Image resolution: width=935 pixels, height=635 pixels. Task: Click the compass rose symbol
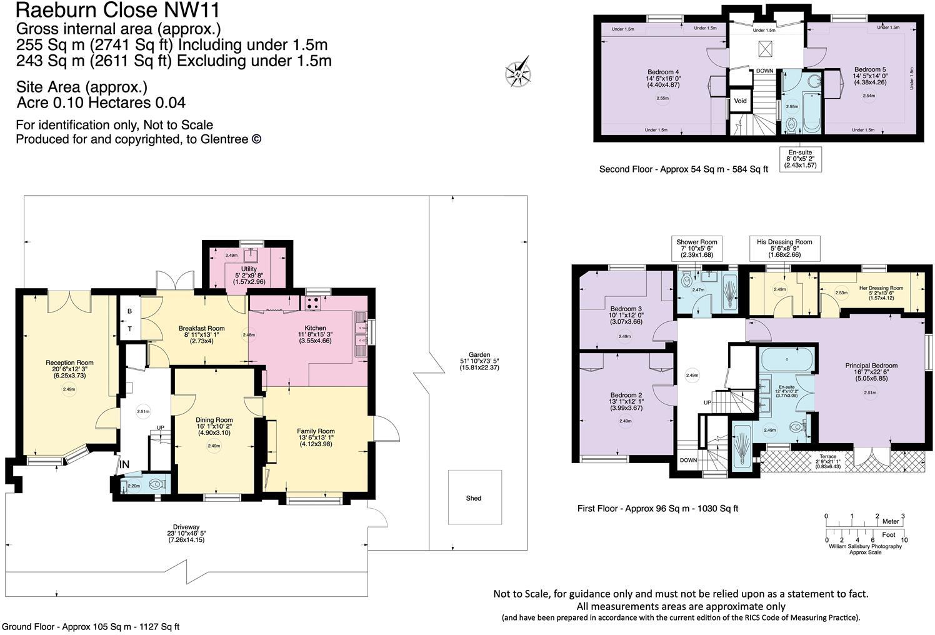click(x=519, y=72)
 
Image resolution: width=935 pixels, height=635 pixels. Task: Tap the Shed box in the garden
click(x=474, y=497)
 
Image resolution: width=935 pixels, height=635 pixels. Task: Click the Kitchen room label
click(x=315, y=328)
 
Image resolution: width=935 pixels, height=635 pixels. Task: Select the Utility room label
click(x=249, y=269)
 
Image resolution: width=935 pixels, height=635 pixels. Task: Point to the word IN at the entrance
click(x=124, y=464)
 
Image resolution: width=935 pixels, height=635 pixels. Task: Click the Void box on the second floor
click(x=740, y=101)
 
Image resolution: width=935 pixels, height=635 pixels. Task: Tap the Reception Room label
click(x=69, y=362)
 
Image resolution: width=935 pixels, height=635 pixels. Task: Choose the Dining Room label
click(x=214, y=420)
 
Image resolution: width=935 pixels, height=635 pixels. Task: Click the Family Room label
click(x=316, y=431)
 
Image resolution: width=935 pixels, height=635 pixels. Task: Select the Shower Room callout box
click(x=697, y=247)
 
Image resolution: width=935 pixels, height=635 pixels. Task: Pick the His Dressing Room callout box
click(x=784, y=247)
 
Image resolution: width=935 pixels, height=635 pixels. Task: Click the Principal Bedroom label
click(x=871, y=366)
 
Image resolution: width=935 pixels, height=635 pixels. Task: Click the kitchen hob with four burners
click(x=313, y=302)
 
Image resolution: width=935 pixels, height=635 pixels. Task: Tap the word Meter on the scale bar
click(x=890, y=521)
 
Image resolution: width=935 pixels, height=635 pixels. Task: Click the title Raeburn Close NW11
click(x=118, y=11)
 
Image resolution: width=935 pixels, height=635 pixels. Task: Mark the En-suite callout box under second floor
click(x=800, y=159)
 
